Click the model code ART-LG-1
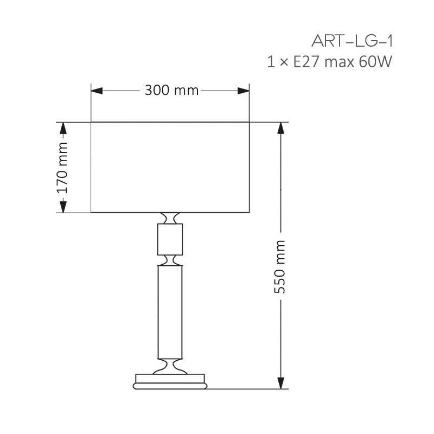pyautogui.click(x=352, y=42)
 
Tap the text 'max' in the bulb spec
pyautogui.click(x=340, y=62)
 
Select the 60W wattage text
pyautogui.click(x=375, y=61)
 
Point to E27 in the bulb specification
pyautogui.click(x=307, y=61)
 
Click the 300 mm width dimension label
pyautogui.click(x=171, y=90)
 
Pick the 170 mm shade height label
pyautogui.click(x=62, y=168)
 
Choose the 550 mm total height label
pyautogui.click(x=279, y=266)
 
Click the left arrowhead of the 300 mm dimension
pyautogui.click(x=97, y=91)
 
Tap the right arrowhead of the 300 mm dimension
pyautogui.click(x=244, y=91)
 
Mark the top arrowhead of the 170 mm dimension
pyautogui.click(x=63, y=129)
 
